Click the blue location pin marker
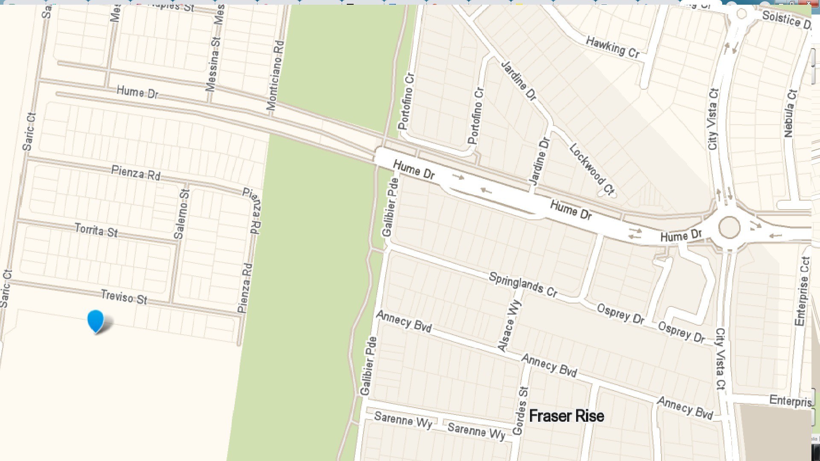[96, 321]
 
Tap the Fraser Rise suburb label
[566, 416]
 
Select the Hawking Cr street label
[612, 47]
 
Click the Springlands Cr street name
[523, 284]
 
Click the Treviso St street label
[124, 297]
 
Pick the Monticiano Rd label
[275, 76]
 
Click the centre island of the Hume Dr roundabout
[729, 227]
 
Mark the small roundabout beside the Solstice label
[741, 14]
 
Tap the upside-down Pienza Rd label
[252, 211]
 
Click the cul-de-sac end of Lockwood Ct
[603, 193]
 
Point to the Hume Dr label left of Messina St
[137, 92]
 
